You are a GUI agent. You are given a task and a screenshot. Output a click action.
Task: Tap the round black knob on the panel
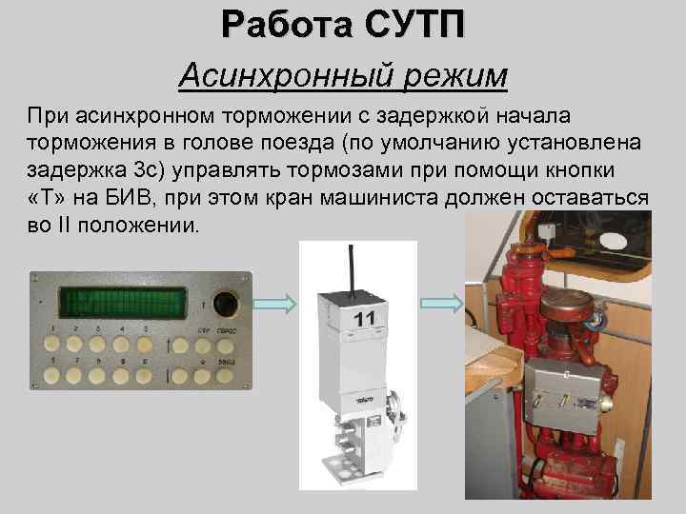click(x=225, y=304)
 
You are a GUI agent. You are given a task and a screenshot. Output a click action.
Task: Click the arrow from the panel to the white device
click(x=272, y=304)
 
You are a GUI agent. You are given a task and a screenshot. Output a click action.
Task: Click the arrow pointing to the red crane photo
click(x=442, y=304)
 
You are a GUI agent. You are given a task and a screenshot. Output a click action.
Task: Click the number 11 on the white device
click(x=365, y=319)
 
